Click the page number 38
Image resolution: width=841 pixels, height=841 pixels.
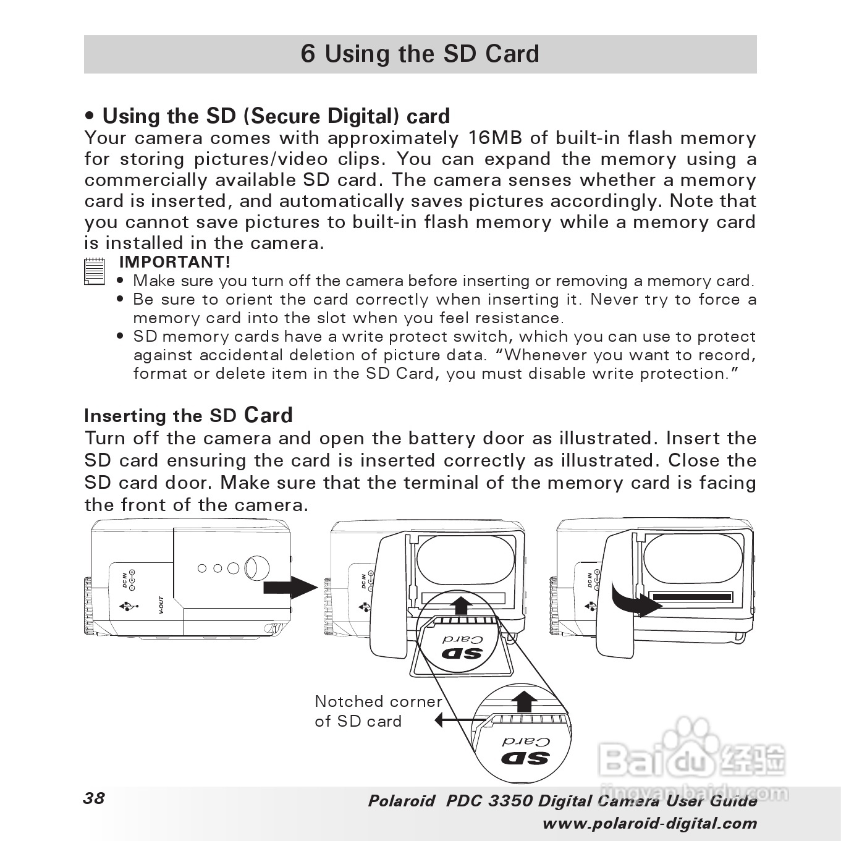[94, 798]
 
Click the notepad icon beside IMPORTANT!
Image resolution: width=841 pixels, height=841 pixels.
[94, 271]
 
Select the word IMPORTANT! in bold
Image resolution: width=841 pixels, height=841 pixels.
[174, 262]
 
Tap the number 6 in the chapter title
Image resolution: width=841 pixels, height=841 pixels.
[307, 54]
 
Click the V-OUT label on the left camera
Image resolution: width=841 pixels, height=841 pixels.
[161, 605]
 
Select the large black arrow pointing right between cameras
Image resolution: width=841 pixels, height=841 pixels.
[290, 586]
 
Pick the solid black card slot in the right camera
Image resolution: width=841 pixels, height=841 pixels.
[691, 598]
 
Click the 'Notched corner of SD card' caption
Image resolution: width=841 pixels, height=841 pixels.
[378, 711]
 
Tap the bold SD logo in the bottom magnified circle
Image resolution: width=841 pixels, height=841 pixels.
[525, 758]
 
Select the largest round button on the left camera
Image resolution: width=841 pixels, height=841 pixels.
[256, 567]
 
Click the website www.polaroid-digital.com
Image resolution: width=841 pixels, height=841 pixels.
[649, 824]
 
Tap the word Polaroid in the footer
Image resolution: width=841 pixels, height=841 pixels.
[401, 801]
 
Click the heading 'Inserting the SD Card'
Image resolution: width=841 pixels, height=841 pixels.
[188, 415]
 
